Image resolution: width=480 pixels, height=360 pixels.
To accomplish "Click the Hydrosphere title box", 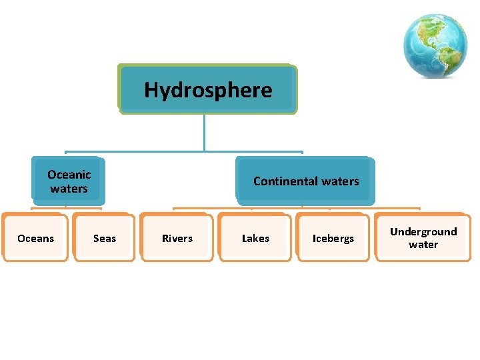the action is pos(207,89).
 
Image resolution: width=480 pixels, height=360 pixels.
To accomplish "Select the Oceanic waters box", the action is pos(69,181).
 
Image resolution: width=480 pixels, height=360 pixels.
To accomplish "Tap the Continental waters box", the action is pos(305,181).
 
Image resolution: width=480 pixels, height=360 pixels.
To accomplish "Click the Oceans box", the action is pos(35,238).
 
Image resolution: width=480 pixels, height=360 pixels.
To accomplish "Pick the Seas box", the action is pos(105,238).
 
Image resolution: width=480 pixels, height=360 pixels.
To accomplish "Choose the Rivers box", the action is pos(177,238).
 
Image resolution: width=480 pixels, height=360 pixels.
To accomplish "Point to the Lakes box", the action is pos(255,238).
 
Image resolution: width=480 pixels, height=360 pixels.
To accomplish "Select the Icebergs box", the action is pos(333,238).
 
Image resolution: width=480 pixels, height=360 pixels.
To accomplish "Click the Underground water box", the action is pos(423,238).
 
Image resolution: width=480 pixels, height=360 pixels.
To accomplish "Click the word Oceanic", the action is pos(69,175).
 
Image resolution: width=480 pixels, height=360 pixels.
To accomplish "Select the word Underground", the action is pos(423,232).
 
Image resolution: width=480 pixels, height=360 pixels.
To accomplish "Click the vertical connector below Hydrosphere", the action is pos(205,131).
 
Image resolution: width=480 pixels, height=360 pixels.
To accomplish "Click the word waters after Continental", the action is pos(341,181).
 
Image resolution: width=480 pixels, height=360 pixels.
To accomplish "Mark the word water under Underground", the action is pos(423,245).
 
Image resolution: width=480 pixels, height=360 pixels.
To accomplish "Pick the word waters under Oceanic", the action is pos(69,189).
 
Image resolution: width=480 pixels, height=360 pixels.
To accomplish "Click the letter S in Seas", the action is pos(96,238).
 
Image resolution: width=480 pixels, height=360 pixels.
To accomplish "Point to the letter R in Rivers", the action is pos(165,238).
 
